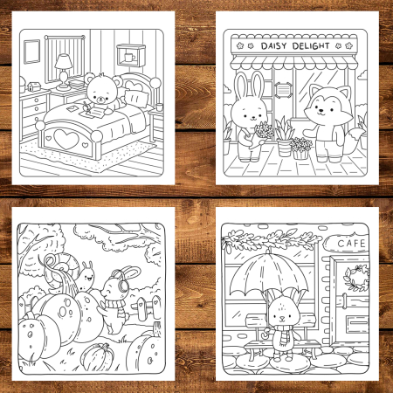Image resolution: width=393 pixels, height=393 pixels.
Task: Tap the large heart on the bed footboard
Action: (66, 139)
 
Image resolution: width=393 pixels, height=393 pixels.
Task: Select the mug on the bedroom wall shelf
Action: (129, 57)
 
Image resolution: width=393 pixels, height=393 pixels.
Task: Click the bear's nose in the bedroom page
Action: (101, 99)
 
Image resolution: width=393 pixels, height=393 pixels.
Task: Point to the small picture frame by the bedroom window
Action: (31, 52)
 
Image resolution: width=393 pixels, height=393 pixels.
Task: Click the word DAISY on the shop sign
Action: (274, 46)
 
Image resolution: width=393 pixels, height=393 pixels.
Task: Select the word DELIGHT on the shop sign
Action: (311, 45)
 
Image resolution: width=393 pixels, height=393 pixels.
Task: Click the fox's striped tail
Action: (354, 141)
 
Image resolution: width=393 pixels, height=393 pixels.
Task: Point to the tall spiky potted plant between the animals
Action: (283, 136)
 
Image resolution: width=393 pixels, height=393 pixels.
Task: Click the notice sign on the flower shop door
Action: (282, 90)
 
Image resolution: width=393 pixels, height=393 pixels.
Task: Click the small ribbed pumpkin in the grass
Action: (97, 357)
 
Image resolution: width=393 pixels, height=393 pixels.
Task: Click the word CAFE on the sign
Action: (351, 244)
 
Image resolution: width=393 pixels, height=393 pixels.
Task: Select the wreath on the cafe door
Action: (356, 278)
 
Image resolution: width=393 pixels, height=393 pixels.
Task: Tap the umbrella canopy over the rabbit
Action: (268, 272)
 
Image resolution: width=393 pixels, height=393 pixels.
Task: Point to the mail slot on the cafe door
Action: (357, 322)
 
